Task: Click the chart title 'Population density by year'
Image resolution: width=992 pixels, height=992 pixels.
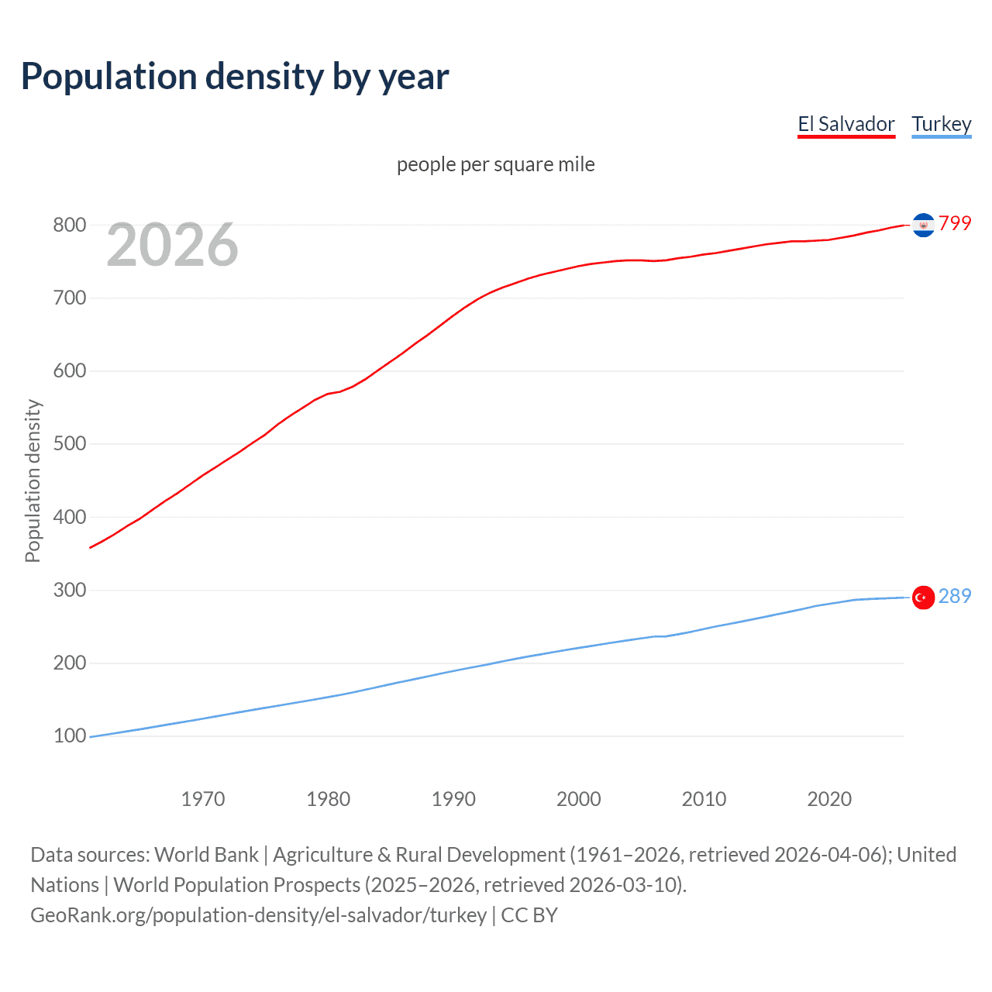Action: coord(235,76)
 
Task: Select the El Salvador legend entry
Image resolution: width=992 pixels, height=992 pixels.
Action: coord(846,124)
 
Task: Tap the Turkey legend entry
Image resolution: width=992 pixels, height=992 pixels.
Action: coord(941,124)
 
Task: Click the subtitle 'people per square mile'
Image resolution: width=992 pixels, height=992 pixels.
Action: coord(495,164)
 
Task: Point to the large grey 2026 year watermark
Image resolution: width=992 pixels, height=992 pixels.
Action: coord(172,245)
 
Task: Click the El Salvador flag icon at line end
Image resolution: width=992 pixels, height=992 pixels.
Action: coord(923,225)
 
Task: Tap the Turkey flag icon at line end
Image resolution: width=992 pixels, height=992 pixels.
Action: coord(923,598)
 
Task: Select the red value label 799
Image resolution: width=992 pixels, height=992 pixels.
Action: coord(955,223)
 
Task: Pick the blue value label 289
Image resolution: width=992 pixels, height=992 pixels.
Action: coord(955,596)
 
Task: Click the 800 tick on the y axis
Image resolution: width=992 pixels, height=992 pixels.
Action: coord(69,225)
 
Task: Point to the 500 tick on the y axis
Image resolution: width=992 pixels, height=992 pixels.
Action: coord(69,444)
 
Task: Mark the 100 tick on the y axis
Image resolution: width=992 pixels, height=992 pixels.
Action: coord(69,735)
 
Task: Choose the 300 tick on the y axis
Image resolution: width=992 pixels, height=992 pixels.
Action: coord(69,590)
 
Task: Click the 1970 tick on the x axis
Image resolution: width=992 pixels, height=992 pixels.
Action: coord(203,799)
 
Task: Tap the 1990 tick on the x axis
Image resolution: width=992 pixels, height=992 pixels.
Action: coord(453,799)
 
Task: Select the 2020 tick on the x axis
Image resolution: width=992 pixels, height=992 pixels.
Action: coord(829,799)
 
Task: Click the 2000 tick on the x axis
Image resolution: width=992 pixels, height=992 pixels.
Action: coord(579,799)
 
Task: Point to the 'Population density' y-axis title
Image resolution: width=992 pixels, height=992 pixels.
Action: coord(33,480)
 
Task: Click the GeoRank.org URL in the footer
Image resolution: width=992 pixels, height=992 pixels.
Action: coord(258,915)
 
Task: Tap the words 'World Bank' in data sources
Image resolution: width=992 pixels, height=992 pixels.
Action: coord(206,855)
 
